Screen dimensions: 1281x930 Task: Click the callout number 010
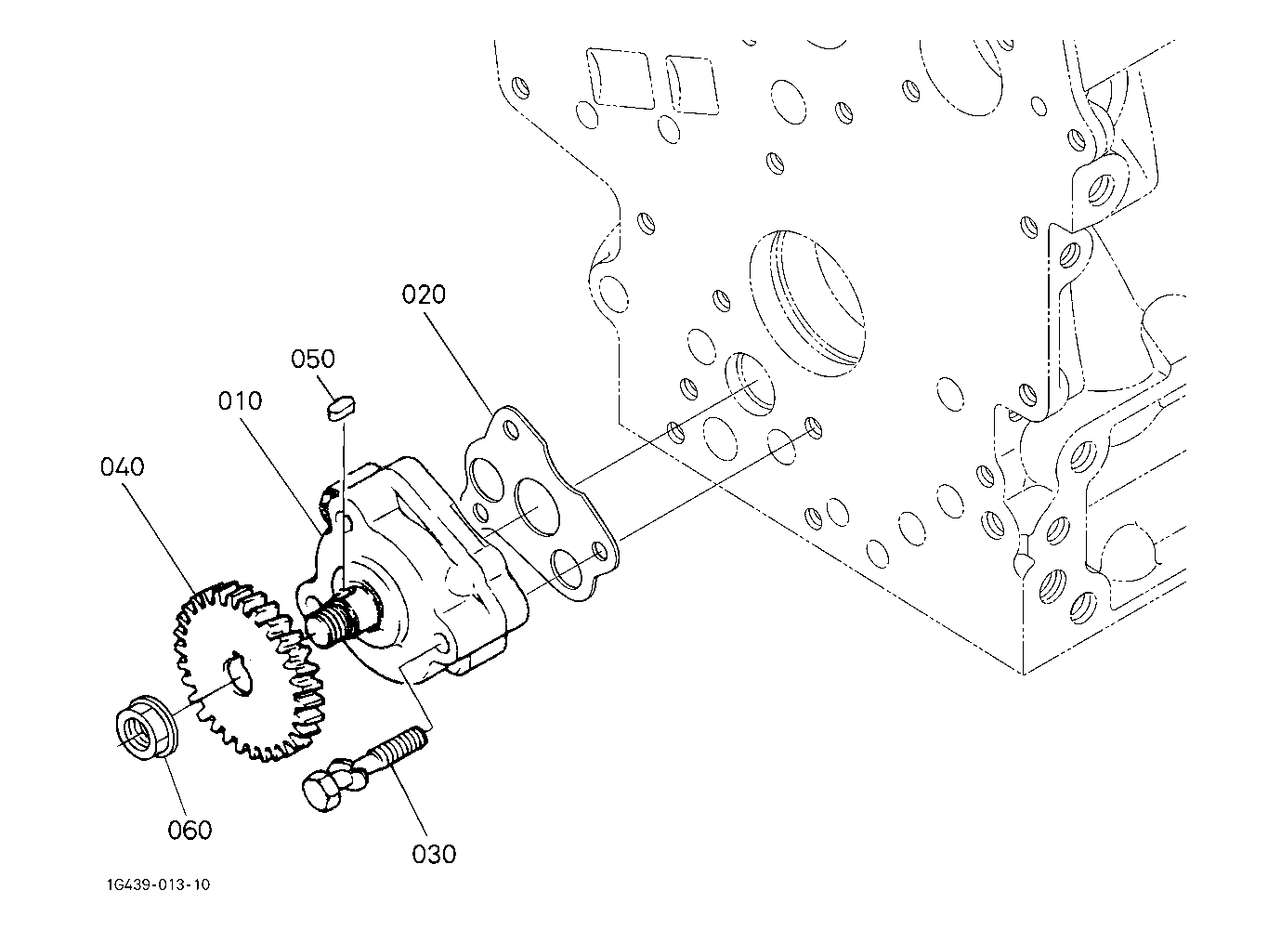click(x=241, y=401)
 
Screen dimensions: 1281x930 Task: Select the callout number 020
click(x=424, y=295)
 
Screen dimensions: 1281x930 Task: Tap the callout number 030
click(x=434, y=855)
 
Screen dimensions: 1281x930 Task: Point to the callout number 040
click(x=123, y=466)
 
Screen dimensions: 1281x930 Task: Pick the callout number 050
click(x=313, y=360)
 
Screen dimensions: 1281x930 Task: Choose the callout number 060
click(x=190, y=830)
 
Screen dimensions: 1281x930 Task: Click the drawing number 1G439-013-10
click(x=159, y=885)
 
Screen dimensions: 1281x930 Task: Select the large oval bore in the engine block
click(x=806, y=303)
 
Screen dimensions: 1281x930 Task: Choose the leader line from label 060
click(x=176, y=785)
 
